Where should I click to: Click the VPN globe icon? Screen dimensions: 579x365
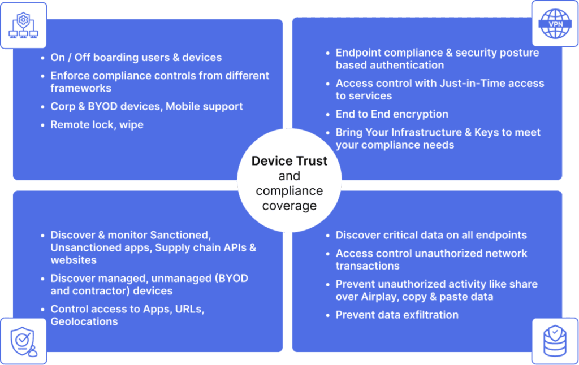(555, 24)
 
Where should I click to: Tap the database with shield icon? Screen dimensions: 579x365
(555, 341)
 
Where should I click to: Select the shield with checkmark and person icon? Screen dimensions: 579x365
(24, 341)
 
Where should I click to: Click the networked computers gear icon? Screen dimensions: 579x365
(23, 25)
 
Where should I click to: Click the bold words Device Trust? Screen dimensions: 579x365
(289, 161)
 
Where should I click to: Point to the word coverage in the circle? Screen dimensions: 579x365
(289, 206)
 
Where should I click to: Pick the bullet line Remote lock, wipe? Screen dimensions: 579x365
(97, 125)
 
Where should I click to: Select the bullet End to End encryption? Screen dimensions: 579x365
(392, 114)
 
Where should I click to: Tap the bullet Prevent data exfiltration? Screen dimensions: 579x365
(397, 315)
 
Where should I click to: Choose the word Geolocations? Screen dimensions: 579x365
(84, 321)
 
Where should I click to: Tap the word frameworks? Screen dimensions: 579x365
(81, 88)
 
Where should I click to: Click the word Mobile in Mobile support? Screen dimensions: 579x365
(183, 106)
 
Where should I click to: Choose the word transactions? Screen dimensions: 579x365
(368, 266)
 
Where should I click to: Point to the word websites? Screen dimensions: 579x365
(74, 260)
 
